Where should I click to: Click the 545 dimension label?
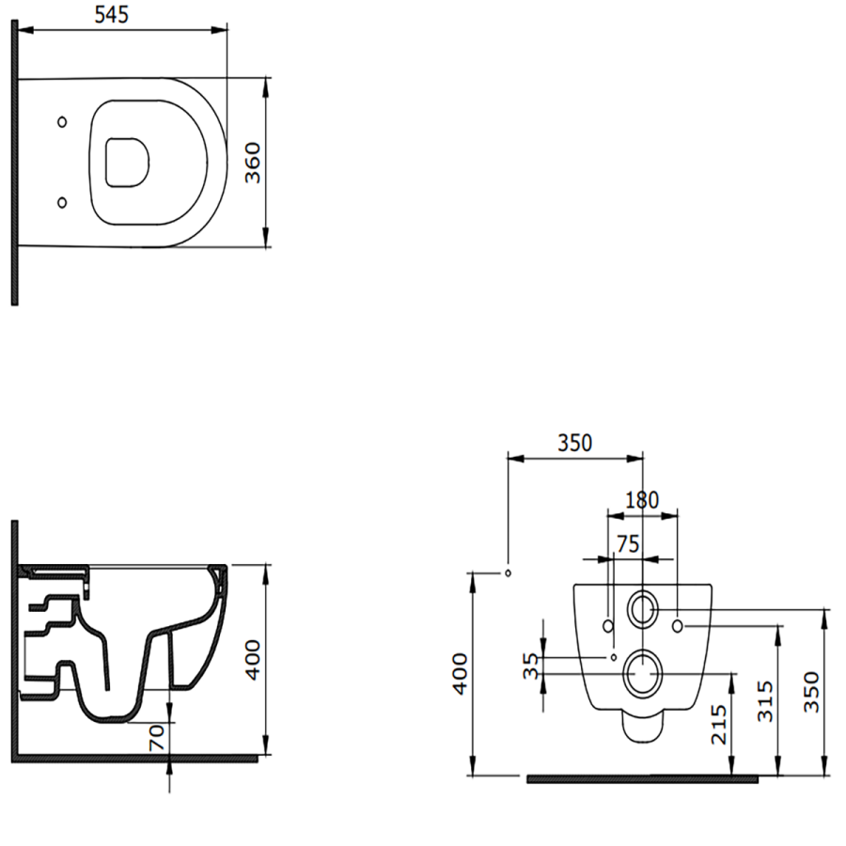pyautogui.click(x=112, y=14)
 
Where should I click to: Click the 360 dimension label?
pyautogui.click(x=253, y=163)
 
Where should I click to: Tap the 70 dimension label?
pyautogui.click(x=156, y=738)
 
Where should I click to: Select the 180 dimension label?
pyautogui.click(x=642, y=500)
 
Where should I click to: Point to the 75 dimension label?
pyautogui.click(x=628, y=544)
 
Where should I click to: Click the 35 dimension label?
pyautogui.click(x=531, y=666)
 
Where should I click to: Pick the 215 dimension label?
pyautogui.click(x=719, y=725)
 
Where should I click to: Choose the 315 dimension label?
pyautogui.click(x=765, y=701)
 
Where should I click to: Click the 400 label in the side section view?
pyautogui.click(x=253, y=661)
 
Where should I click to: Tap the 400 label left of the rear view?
pyautogui.click(x=461, y=674)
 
